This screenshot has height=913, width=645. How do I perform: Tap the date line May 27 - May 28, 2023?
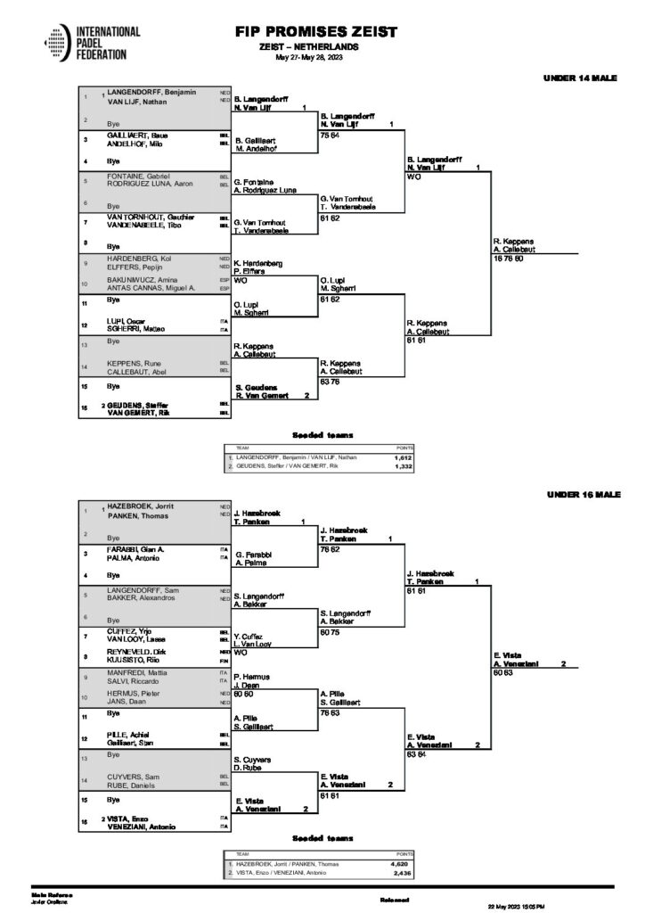309,56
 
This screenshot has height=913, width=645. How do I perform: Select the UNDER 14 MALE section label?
582,78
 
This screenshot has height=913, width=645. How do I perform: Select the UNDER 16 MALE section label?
582,493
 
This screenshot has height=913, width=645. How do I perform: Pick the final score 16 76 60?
510,259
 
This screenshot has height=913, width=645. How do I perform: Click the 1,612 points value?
401,456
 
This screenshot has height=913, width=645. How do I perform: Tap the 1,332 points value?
401,465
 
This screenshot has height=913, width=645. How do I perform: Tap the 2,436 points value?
401,874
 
